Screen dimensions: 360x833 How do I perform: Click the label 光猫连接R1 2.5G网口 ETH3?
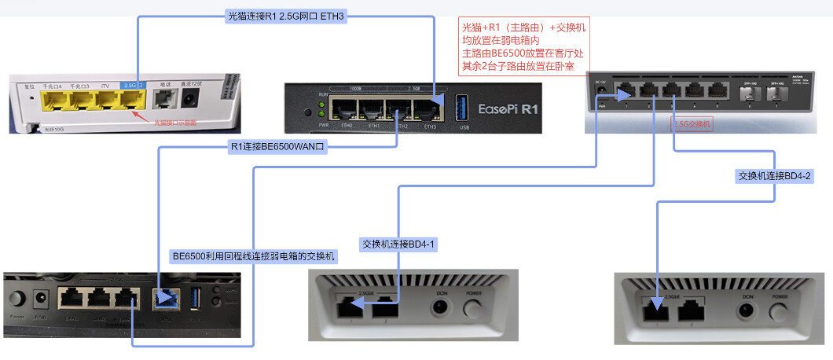286,16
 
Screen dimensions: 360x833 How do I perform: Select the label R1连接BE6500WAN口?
277,146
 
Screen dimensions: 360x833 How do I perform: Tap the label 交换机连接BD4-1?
398,244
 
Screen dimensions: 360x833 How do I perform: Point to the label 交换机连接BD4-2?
775,176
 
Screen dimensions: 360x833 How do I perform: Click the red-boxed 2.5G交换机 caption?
692,124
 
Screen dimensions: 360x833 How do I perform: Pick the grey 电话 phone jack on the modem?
165,99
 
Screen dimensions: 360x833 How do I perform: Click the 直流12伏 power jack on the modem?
190,99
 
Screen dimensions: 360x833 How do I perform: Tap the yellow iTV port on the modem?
106,100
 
